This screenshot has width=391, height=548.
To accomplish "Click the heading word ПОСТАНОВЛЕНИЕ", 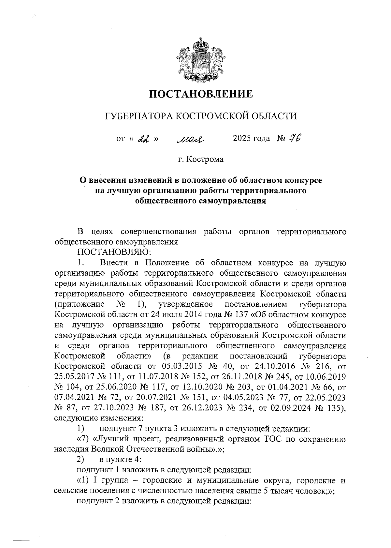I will pos(201,94).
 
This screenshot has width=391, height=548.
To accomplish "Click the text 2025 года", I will pos(251,139).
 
